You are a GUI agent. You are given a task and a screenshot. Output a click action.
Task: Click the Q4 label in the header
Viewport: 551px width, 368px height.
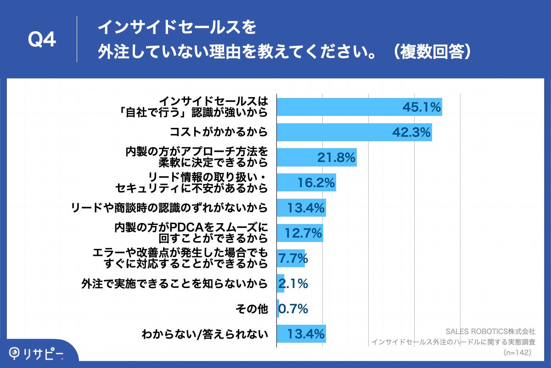click(x=42, y=40)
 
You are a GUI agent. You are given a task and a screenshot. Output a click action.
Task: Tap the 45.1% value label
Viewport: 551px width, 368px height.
click(x=422, y=107)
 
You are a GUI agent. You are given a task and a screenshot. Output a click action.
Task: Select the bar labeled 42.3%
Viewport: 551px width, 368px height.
click(x=354, y=132)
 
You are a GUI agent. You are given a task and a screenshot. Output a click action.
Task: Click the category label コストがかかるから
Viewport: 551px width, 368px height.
click(x=219, y=132)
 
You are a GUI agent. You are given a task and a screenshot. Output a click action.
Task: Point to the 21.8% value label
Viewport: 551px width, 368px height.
click(x=337, y=158)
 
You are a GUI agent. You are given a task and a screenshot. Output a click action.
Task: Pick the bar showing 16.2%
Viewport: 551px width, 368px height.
click(x=306, y=183)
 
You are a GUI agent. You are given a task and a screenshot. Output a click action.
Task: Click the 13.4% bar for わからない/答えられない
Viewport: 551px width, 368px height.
click(x=301, y=333)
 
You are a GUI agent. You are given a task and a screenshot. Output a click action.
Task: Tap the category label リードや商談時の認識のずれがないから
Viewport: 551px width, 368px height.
click(x=169, y=208)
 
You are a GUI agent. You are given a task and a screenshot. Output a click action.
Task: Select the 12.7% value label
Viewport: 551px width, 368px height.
click(x=303, y=233)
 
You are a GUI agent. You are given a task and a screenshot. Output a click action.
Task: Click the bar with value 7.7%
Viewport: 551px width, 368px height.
click(x=291, y=259)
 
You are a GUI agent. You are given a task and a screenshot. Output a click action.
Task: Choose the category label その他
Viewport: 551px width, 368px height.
click(x=251, y=309)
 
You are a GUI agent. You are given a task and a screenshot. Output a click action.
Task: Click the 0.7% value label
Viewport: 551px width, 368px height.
click(x=293, y=309)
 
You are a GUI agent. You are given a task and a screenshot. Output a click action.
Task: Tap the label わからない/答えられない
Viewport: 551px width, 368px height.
click(x=205, y=334)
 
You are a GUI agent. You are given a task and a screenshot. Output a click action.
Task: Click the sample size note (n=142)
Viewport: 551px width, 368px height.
click(x=517, y=352)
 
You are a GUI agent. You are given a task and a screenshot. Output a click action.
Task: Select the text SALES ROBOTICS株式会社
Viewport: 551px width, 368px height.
click(x=490, y=331)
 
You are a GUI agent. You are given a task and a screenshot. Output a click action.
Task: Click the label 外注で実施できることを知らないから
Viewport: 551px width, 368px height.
click(x=174, y=284)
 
